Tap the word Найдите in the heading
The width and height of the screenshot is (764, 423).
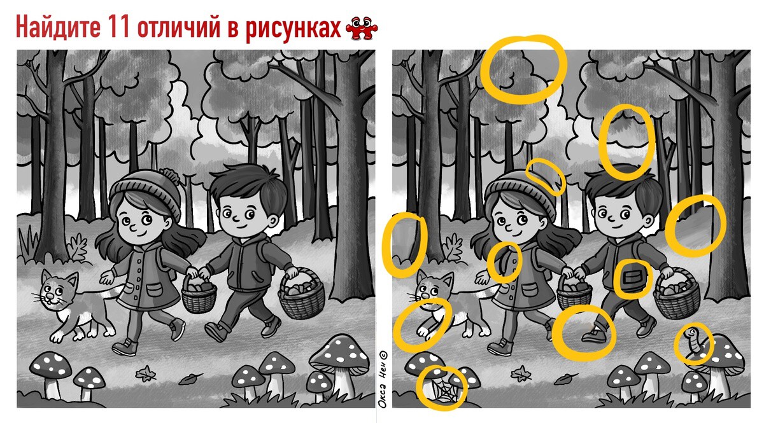[x=58, y=27]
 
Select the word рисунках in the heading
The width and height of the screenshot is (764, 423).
[x=293, y=29]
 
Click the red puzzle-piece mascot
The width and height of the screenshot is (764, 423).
[x=362, y=28]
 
